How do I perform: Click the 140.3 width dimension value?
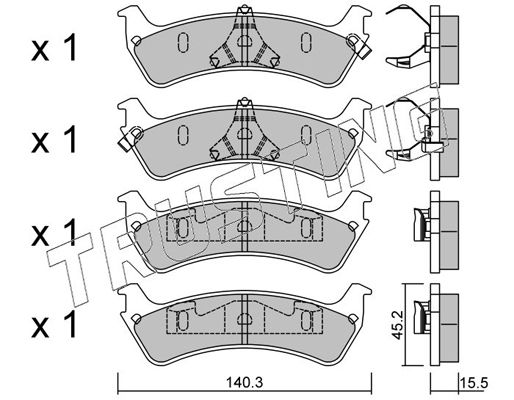[244, 382]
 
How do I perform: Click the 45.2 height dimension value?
[397, 325]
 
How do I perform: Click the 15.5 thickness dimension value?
[474, 383]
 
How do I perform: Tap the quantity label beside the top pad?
[54, 48]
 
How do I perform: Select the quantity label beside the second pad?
[54, 140]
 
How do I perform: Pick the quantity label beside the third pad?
[54, 233]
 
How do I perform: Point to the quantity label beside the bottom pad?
[54, 325]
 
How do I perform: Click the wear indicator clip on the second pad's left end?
[130, 138]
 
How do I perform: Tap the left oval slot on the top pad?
[183, 42]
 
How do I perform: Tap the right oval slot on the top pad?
[306, 42]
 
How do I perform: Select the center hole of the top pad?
[244, 41]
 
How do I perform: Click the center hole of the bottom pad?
[244, 320]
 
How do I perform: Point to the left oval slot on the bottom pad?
[182, 321]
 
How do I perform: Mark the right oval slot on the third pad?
[306, 228]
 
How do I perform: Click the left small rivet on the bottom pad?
[136, 319]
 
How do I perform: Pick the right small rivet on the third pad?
[352, 226]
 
